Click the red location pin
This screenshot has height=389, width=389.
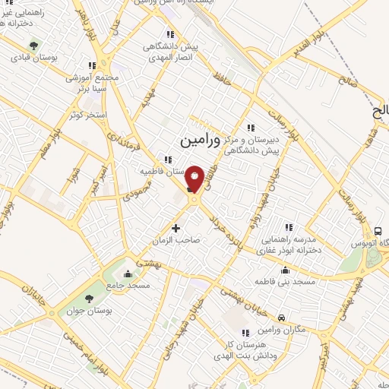194,179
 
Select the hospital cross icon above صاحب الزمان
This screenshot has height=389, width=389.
176,226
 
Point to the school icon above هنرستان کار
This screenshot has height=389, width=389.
245,333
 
